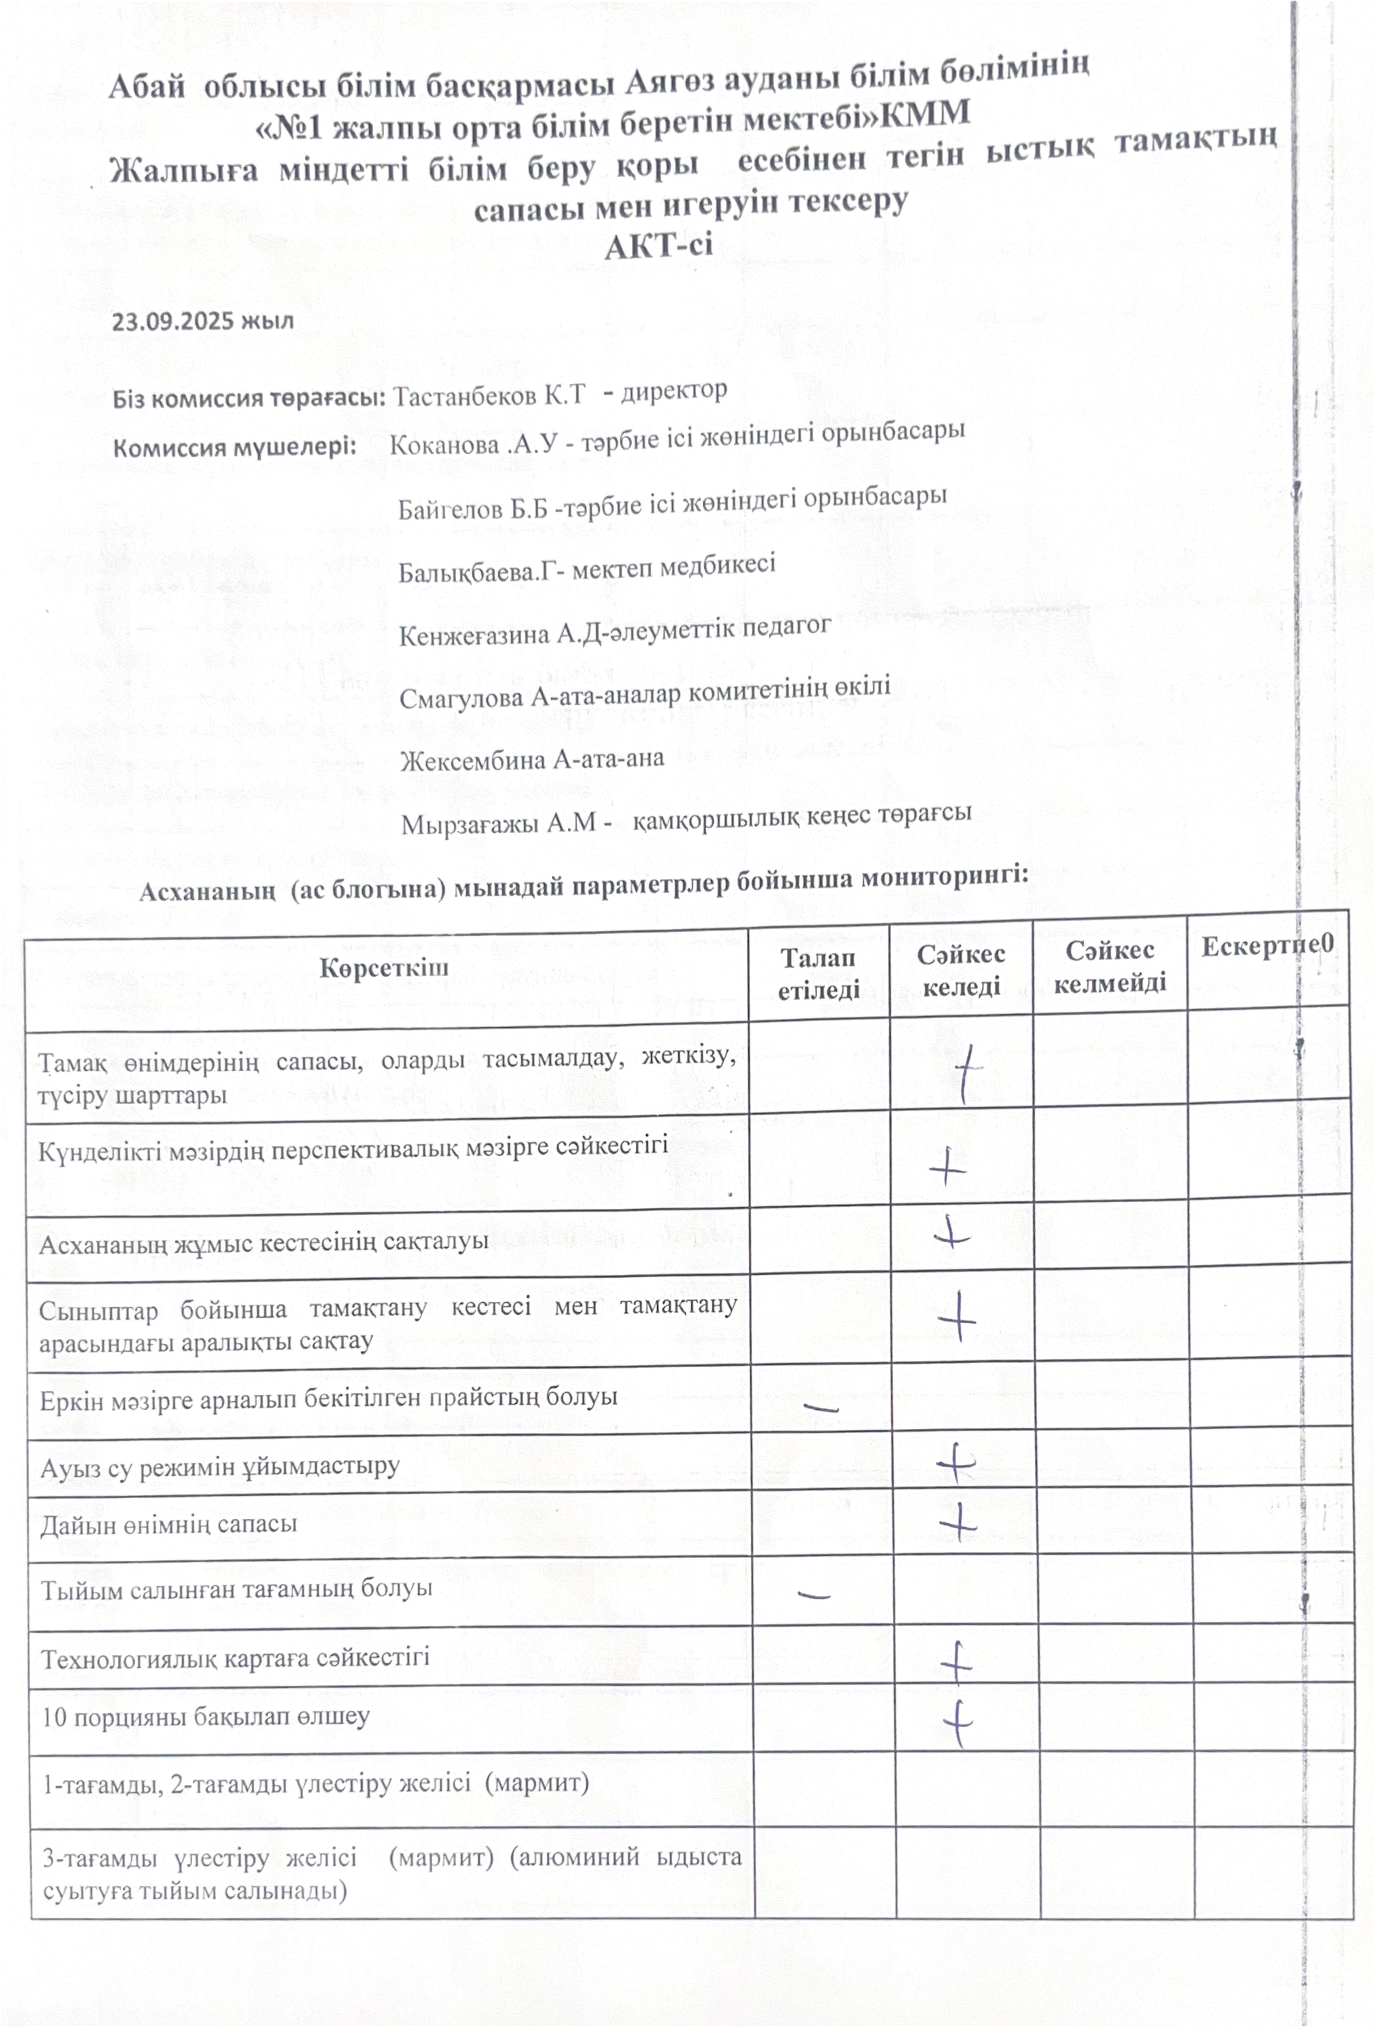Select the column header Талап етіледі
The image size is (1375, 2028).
pos(818,974)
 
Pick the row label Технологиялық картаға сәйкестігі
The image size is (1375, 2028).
pos(236,1657)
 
